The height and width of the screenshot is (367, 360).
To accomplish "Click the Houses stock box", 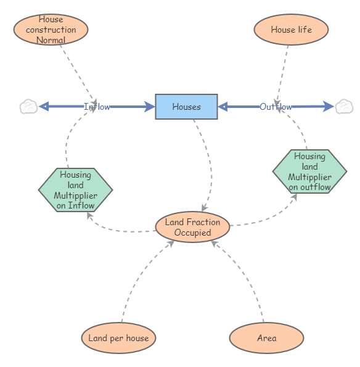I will [x=186, y=107].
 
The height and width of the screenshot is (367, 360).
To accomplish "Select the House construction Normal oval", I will [x=51, y=30].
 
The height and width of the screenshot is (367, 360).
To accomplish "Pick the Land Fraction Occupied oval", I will [x=192, y=228].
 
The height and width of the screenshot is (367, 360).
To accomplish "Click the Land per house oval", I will [x=118, y=338].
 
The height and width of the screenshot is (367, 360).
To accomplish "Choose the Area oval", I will [x=266, y=338].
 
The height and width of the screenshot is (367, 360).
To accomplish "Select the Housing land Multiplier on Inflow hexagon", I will [x=75, y=190].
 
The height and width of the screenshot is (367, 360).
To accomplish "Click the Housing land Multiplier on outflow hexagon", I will [x=309, y=171].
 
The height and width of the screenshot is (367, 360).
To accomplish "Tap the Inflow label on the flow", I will [x=97, y=107].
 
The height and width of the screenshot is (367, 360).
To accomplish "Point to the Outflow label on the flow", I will [x=276, y=107].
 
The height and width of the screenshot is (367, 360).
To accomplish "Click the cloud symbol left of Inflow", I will [x=28, y=107].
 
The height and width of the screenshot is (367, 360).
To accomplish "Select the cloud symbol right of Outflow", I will [x=343, y=107].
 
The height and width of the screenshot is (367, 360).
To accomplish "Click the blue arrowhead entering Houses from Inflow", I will [x=149, y=107].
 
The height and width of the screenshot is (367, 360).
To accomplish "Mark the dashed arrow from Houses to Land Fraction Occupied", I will [x=209, y=160].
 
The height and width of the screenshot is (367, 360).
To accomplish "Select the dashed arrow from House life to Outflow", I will [x=284, y=71].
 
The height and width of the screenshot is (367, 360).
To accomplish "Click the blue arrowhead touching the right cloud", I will [x=330, y=107].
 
